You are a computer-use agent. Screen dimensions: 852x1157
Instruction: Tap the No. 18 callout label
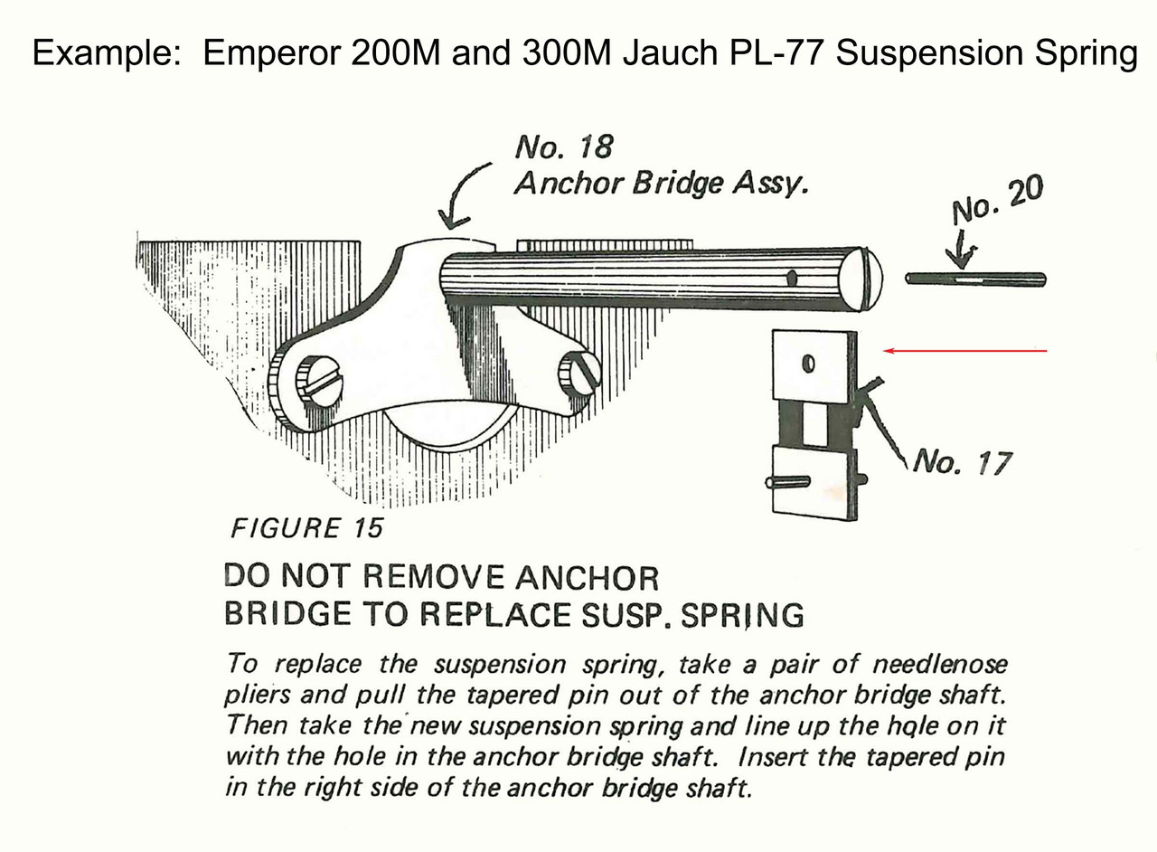tap(563, 147)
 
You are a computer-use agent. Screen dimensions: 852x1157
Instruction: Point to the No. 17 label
tap(962, 463)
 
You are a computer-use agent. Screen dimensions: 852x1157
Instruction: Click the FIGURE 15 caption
tap(307, 528)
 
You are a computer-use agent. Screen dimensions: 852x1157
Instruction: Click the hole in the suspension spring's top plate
tap(809, 363)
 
